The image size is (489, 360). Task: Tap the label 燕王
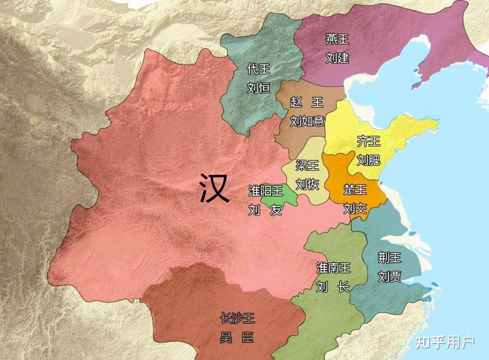[337, 39]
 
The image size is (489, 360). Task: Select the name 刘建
[337, 58]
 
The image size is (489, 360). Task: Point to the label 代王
[258, 69]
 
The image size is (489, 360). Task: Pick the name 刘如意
[307, 121]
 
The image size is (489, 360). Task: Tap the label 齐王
[368, 140]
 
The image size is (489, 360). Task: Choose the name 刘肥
[368, 160]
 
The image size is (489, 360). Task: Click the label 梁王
[307, 165]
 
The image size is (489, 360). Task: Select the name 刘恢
[307, 184]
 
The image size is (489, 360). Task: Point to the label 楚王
[355, 190]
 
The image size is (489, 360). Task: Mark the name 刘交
[355, 208]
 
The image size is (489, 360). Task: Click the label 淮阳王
[265, 190]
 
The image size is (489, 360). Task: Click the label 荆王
[390, 257]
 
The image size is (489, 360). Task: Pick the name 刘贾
[390, 276]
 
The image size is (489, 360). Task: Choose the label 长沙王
[237, 319]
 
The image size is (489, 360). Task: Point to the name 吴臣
[237, 338]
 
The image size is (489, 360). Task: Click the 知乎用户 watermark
[445, 342]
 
